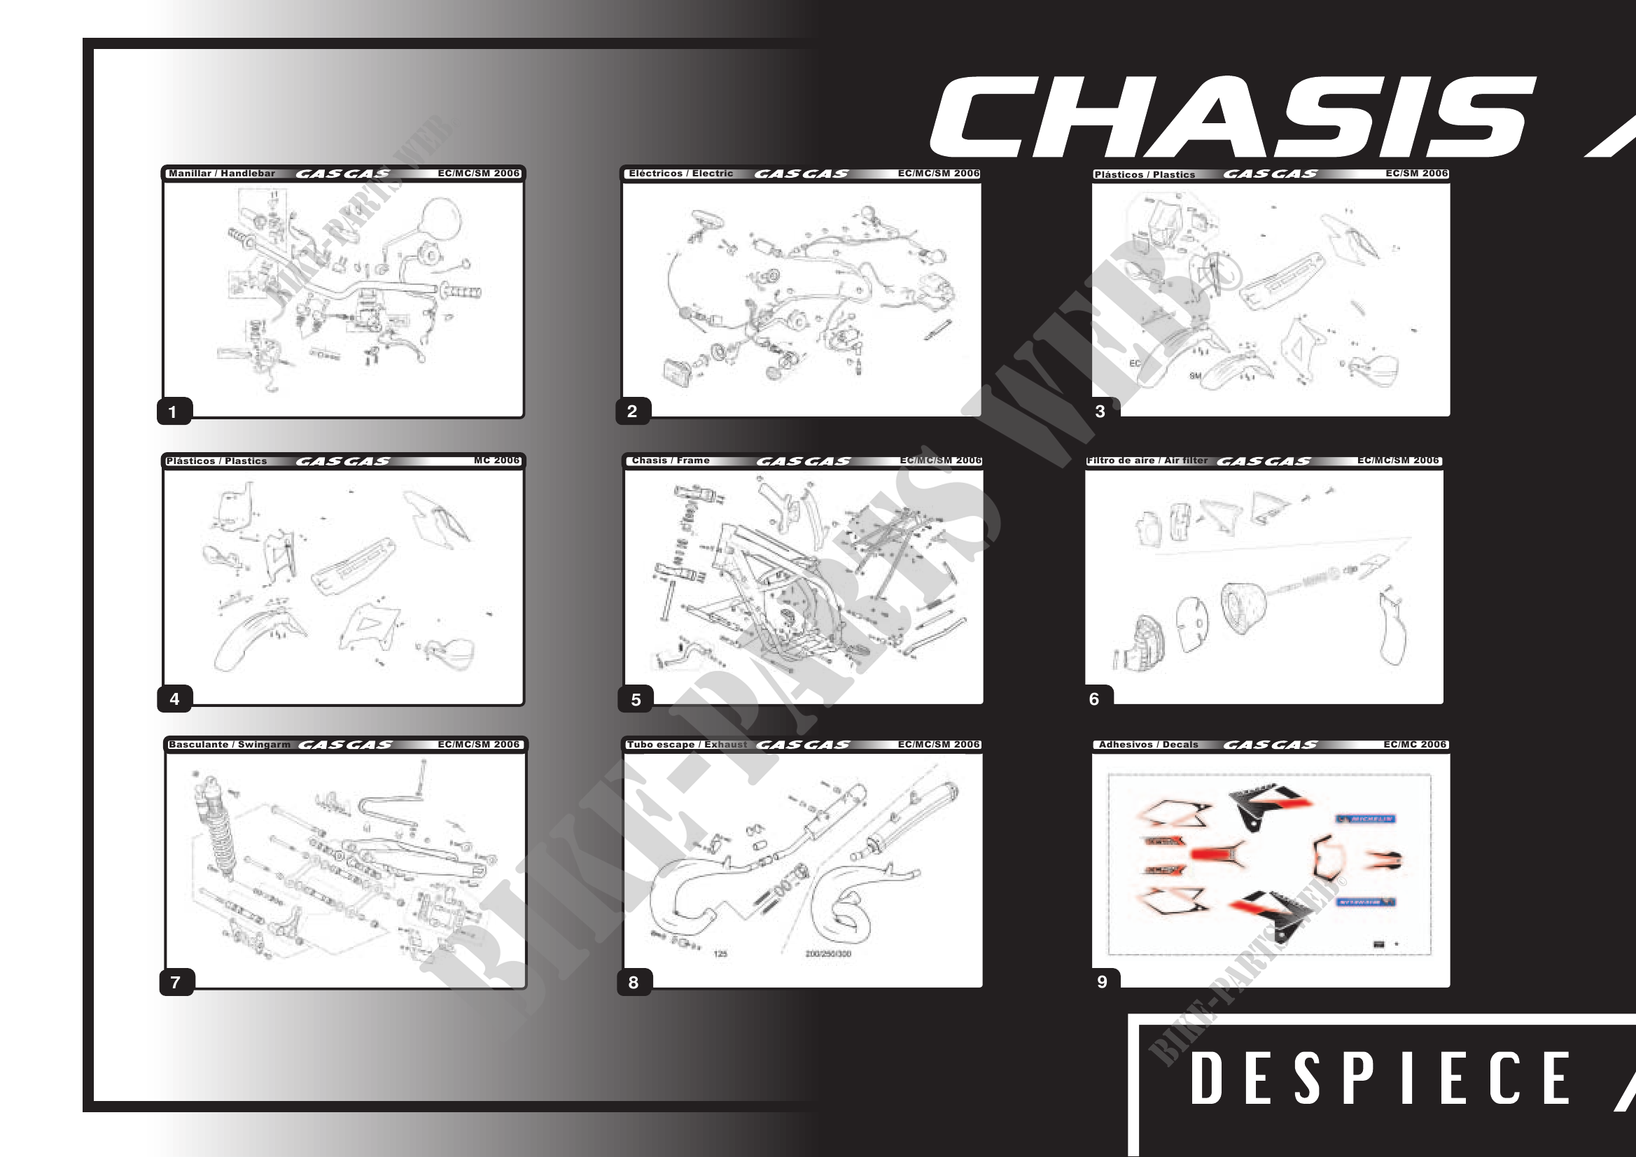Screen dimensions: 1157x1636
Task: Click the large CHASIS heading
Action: tap(1233, 117)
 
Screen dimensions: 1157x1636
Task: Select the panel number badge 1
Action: tap(172, 412)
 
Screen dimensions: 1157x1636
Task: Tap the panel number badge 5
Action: tap(636, 700)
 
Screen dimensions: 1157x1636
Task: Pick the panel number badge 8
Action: tap(634, 983)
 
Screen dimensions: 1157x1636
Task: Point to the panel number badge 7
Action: tap(175, 983)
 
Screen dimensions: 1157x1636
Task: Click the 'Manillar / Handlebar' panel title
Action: tap(222, 173)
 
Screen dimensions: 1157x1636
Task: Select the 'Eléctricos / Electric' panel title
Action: tap(680, 173)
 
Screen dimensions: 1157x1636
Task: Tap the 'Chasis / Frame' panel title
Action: tap(671, 461)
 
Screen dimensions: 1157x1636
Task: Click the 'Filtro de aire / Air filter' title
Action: tap(1147, 461)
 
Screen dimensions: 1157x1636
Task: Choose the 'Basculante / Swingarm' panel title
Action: tap(230, 745)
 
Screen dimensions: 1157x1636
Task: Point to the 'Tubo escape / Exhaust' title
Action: tap(687, 745)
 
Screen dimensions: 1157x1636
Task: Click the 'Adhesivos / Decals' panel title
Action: tap(1148, 745)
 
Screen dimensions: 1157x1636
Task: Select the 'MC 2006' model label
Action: tap(496, 461)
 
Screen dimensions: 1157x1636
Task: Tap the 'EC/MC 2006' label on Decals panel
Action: tap(1414, 745)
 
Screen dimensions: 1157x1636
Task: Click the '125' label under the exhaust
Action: tap(720, 953)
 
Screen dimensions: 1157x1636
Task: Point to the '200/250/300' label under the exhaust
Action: tap(828, 953)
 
